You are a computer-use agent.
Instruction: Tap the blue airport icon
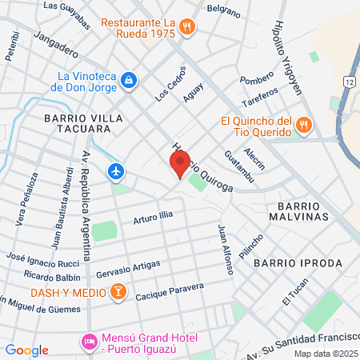point(117,170)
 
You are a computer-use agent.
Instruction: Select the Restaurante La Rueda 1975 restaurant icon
point(186,26)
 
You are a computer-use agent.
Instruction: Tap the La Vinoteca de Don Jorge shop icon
point(129,80)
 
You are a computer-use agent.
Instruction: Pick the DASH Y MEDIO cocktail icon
point(118,291)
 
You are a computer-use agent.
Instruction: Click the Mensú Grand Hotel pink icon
point(90,343)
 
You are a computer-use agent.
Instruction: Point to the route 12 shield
point(350,82)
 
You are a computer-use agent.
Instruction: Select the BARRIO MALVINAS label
point(294,210)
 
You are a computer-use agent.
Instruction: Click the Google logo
point(27,350)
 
